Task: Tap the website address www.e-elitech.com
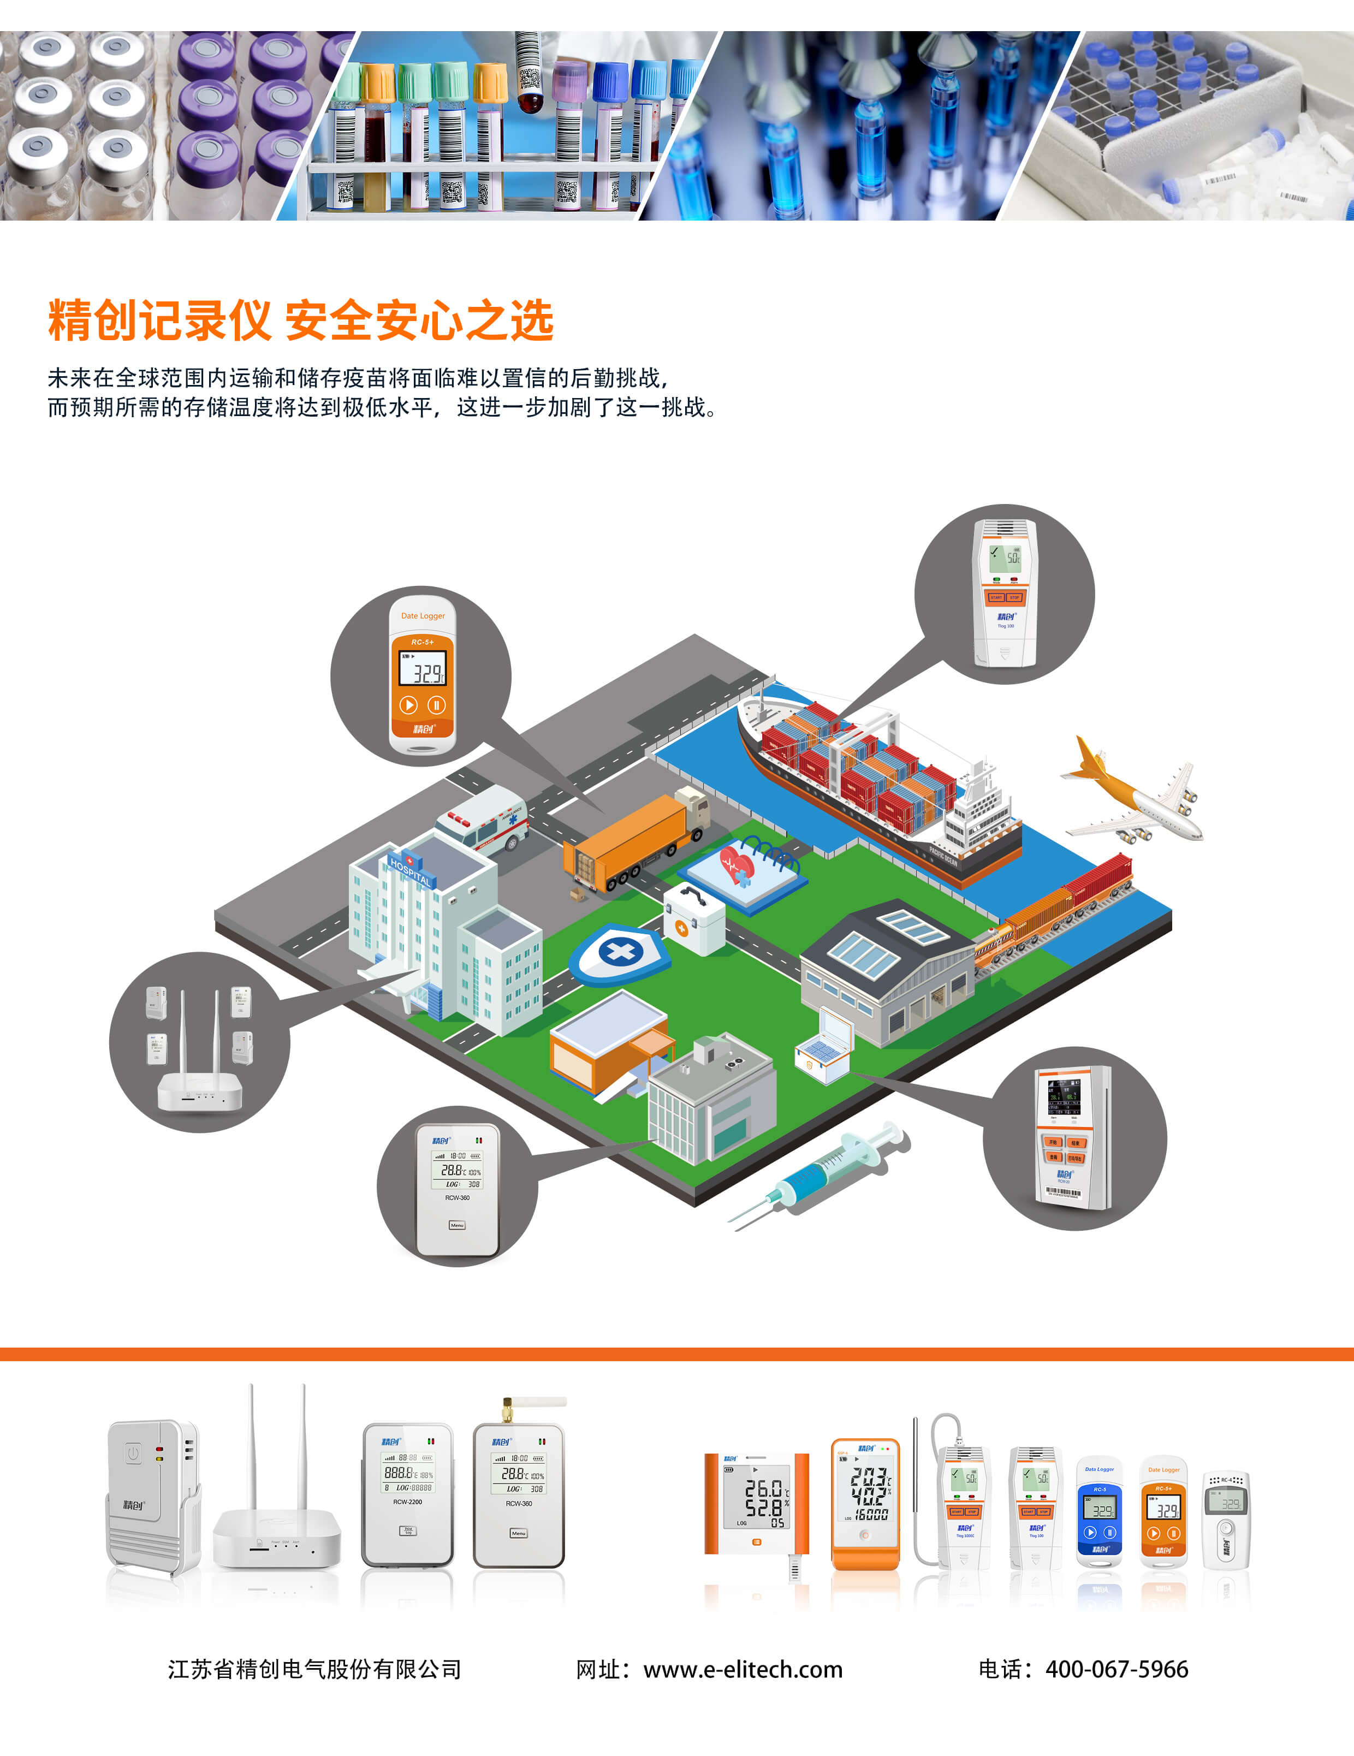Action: coord(743,1670)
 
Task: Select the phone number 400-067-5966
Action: coord(1116,1669)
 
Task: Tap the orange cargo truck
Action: coord(635,840)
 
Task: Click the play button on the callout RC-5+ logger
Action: coord(408,705)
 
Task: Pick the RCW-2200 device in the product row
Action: coord(408,1496)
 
